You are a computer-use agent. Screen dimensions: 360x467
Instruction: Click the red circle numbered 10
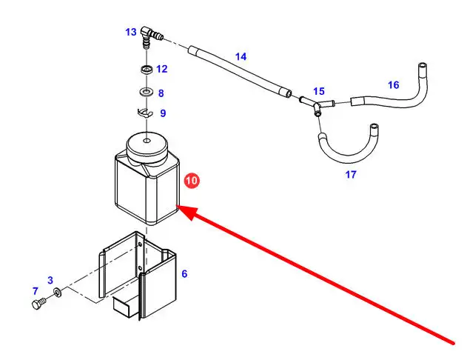(x=192, y=181)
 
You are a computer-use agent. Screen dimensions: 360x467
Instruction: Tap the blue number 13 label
(x=131, y=32)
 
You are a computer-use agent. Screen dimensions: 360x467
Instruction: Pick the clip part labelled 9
(x=145, y=113)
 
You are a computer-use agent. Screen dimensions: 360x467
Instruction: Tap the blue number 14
(x=241, y=56)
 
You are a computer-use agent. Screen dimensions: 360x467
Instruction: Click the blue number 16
(x=393, y=85)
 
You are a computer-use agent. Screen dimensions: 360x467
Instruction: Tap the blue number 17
(x=351, y=175)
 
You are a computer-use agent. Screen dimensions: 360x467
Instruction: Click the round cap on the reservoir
(x=147, y=144)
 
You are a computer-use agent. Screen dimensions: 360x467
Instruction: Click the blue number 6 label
(x=184, y=274)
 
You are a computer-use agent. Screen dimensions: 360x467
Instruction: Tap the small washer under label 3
(x=58, y=296)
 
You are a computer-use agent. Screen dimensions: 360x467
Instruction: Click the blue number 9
(x=162, y=113)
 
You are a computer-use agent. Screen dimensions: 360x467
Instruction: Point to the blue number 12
(x=162, y=69)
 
